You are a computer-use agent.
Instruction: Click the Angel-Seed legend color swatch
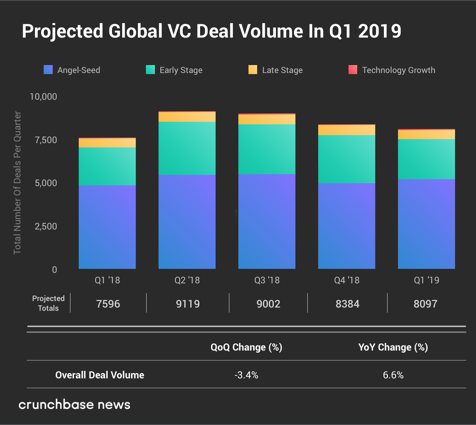click(x=48, y=70)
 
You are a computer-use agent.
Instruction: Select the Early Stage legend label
click(x=181, y=70)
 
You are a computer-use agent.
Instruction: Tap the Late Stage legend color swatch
click(x=253, y=70)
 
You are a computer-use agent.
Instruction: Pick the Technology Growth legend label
click(x=398, y=70)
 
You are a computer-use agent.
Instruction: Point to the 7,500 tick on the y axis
click(x=46, y=140)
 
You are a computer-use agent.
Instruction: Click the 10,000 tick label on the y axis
click(x=43, y=96)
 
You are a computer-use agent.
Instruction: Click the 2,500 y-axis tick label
click(x=46, y=227)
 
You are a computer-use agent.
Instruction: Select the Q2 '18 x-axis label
click(x=187, y=280)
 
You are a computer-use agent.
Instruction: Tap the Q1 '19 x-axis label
click(x=427, y=280)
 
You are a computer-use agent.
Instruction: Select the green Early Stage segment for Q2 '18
click(x=187, y=148)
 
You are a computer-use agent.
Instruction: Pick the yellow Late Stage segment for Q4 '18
click(x=347, y=130)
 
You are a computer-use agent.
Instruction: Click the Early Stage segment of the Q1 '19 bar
click(x=427, y=159)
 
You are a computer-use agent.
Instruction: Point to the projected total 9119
click(x=188, y=304)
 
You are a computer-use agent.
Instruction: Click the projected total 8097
click(x=425, y=304)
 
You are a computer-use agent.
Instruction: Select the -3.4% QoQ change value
click(x=246, y=375)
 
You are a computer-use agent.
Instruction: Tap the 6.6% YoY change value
click(x=393, y=375)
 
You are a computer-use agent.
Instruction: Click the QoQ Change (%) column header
click(x=246, y=347)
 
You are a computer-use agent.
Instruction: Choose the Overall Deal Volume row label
click(x=100, y=375)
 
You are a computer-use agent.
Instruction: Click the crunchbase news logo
click(x=74, y=404)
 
